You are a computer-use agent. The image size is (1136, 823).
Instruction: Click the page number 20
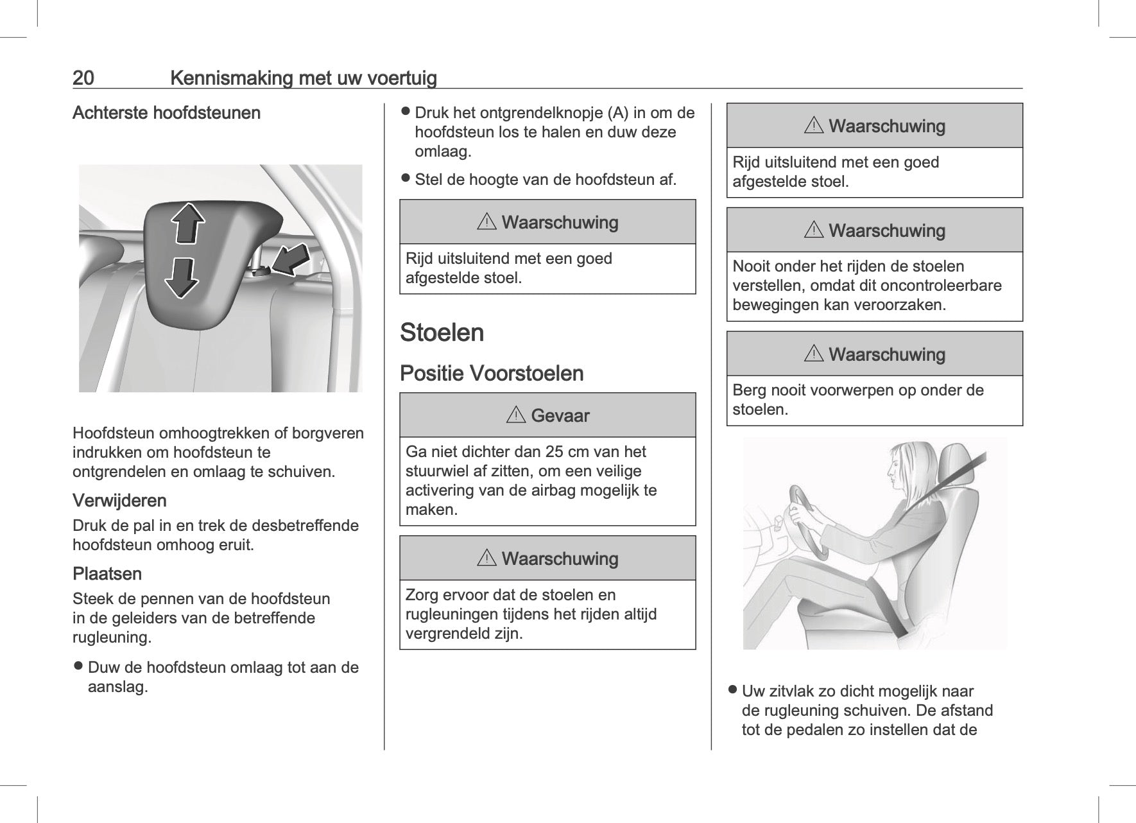pyautogui.click(x=83, y=78)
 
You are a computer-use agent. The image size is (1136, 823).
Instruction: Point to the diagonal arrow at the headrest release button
pyautogui.click(x=290, y=259)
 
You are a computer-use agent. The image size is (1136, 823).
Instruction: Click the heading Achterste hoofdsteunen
pyautogui.click(x=166, y=113)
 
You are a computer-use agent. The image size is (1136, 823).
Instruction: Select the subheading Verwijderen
pyautogui.click(x=119, y=501)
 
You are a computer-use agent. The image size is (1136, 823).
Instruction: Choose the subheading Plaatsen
pyautogui.click(x=107, y=574)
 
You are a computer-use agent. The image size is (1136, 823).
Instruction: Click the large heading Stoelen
pyautogui.click(x=442, y=333)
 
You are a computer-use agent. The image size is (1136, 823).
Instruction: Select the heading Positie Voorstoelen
pyautogui.click(x=492, y=374)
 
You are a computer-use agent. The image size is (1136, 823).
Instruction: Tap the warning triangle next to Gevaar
pyautogui.click(x=516, y=416)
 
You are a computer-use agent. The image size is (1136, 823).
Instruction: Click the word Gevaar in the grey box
pyautogui.click(x=560, y=416)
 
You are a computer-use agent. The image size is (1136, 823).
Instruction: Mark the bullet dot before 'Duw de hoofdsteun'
pyautogui.click(x=78, y=667)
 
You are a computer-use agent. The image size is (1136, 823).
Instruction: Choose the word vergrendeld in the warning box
pyautogui.click(x=448, y=634)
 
